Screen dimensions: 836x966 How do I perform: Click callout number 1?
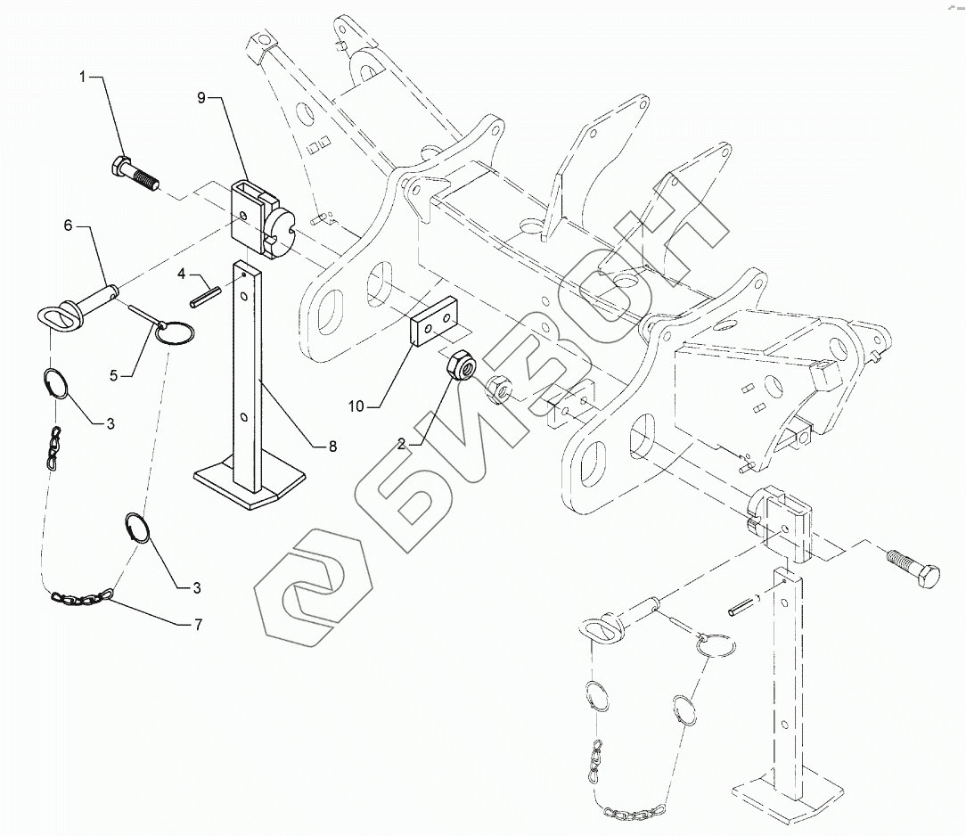[83, 78]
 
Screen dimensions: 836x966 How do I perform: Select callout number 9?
[202, 97]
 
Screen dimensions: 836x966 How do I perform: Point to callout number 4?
[181, 274]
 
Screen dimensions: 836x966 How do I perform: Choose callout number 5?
[113, 375]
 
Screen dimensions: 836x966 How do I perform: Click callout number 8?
[332, 447]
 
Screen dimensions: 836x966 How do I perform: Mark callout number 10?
[356, 406]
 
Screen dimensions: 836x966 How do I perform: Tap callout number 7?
[198, 625]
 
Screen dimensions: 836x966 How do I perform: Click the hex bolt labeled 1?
[135, 174]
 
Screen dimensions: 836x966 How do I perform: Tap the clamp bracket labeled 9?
[258, 217]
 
